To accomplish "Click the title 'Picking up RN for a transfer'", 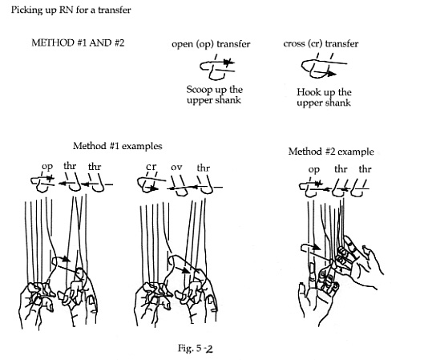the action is (71, 10).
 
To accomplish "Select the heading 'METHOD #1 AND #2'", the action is (78, 43).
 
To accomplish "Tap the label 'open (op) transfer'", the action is (211, 44).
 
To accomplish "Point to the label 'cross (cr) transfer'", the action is (321, 44).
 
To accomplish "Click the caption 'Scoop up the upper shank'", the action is (214, 95).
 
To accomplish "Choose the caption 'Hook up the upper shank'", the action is (324, 97).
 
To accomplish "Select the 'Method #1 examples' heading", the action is (118, 146).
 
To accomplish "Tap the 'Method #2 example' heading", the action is (331, 152).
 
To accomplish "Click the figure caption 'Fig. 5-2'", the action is (196, 349).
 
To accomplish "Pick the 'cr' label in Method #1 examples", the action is (151, 167).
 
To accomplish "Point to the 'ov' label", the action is (176, 168).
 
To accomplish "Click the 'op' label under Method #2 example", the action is (314, 170).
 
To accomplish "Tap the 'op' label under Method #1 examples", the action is (47, 167).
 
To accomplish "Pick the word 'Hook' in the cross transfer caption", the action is (307, 91).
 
